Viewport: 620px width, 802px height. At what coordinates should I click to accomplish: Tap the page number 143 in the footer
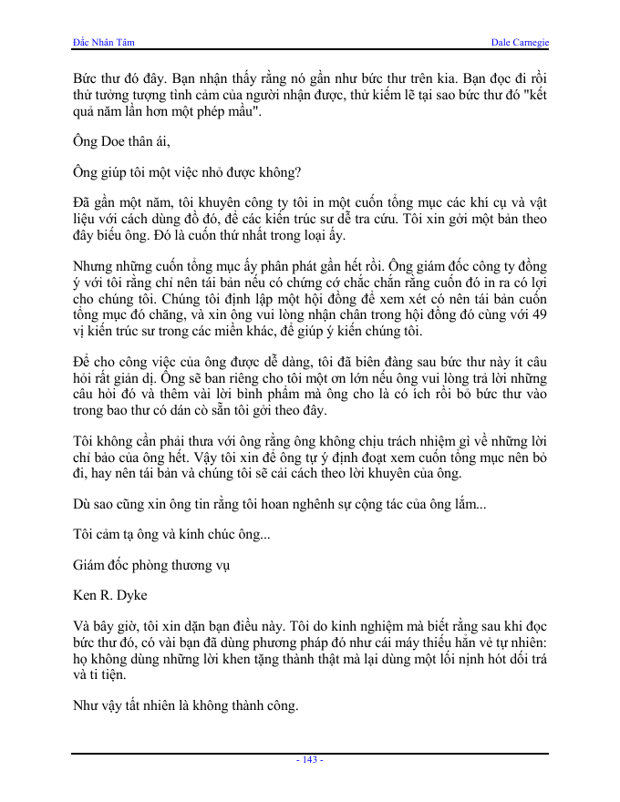click(x=310, y=759)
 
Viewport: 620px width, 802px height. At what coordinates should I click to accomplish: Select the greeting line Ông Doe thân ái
click(x=121, y=141)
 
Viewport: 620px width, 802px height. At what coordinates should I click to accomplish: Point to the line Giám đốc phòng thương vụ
click(x=151, y=565)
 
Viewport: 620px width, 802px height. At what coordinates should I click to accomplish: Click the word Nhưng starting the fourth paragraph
click(x=93, y=267)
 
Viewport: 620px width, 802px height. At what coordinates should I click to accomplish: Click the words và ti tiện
click(x=102, y=675)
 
